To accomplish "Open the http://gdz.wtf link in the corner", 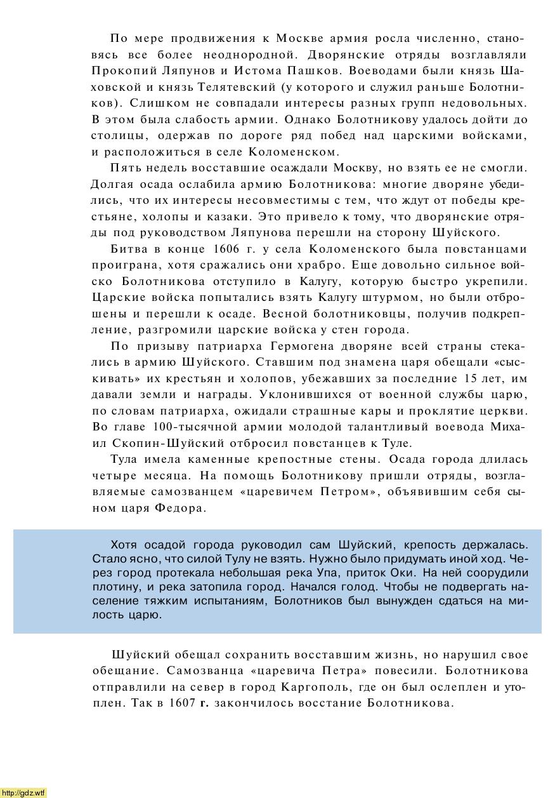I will click(23, 792).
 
